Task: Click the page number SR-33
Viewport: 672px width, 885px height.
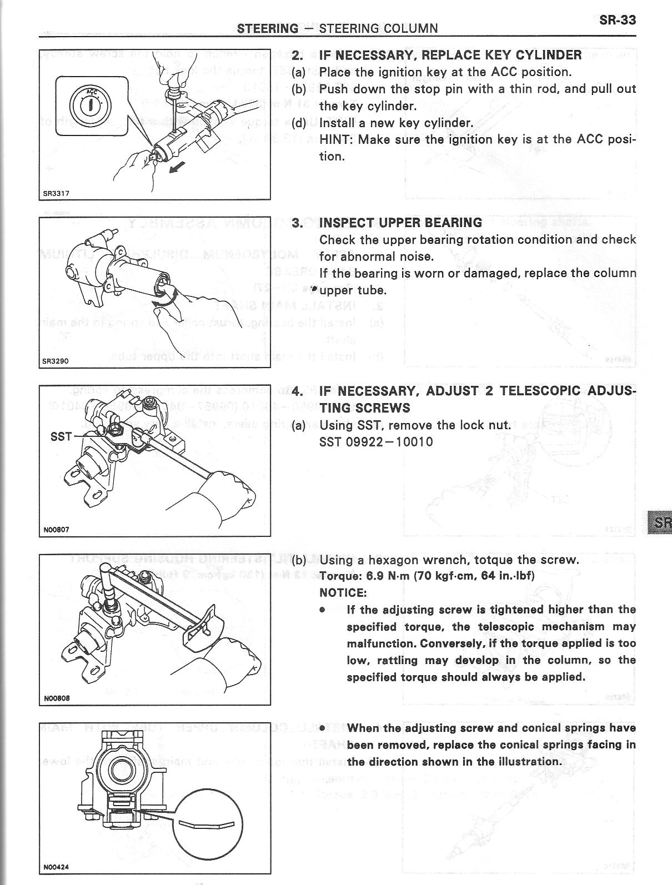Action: (617, 20)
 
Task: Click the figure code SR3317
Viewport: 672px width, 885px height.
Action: (56, 194)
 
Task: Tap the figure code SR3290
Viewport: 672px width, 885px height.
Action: (56, 361)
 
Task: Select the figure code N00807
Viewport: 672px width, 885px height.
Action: (56, 530)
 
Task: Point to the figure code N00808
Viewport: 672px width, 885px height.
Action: (56, 698)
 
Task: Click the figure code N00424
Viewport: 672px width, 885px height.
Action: (56, 866)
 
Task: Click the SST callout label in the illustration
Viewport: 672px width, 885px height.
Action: (61, 436)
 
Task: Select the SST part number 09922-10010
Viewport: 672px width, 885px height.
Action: (376, 442)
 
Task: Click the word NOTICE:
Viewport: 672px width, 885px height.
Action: (343, 592)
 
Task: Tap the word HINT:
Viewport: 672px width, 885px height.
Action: (336, 139)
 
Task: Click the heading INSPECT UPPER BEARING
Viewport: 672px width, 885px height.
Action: (400, 223)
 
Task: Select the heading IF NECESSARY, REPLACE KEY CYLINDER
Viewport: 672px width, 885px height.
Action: (450, 55)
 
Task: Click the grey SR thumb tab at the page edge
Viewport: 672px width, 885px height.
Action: (660, 522)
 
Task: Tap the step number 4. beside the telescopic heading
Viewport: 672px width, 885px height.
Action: (298, 391)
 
